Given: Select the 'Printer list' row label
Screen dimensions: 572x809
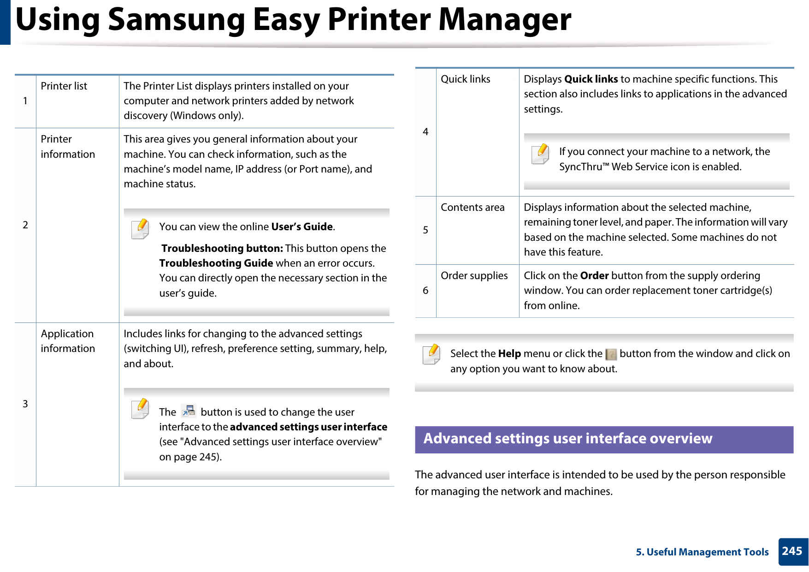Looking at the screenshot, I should pos(64,86).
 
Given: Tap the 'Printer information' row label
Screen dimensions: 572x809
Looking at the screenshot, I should pos(67,147).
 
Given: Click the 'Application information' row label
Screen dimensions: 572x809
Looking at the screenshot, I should pos(67,341).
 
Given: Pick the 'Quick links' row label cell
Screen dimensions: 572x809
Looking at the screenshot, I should pos(465,79).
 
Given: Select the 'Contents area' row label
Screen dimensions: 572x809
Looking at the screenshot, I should pos(472,208).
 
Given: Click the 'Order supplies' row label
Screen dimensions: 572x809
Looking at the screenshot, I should pos(474,276).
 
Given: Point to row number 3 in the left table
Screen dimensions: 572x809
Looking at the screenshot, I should pos(25,404).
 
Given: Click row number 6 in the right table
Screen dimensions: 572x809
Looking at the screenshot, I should pos(425,291).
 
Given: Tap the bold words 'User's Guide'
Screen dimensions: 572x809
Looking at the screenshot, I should pos(302,227).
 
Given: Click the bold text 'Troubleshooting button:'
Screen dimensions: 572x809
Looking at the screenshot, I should pos(222,249).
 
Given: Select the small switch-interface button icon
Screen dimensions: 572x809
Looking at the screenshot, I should pos(189,411).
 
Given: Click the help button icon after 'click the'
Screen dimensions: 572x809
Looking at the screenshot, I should pos(611,354).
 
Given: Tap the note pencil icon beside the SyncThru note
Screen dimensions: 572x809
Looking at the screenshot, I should pos(540,154).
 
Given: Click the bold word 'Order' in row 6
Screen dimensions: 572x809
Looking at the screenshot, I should pos(594,276).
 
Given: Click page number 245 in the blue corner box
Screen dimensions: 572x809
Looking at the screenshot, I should pos(792,551).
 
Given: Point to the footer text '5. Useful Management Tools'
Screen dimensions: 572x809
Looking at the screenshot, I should pos(702,552).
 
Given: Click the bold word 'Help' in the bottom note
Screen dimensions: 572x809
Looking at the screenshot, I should pos(509,354).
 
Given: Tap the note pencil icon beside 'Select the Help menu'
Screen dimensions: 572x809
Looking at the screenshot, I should pos(431,354).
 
